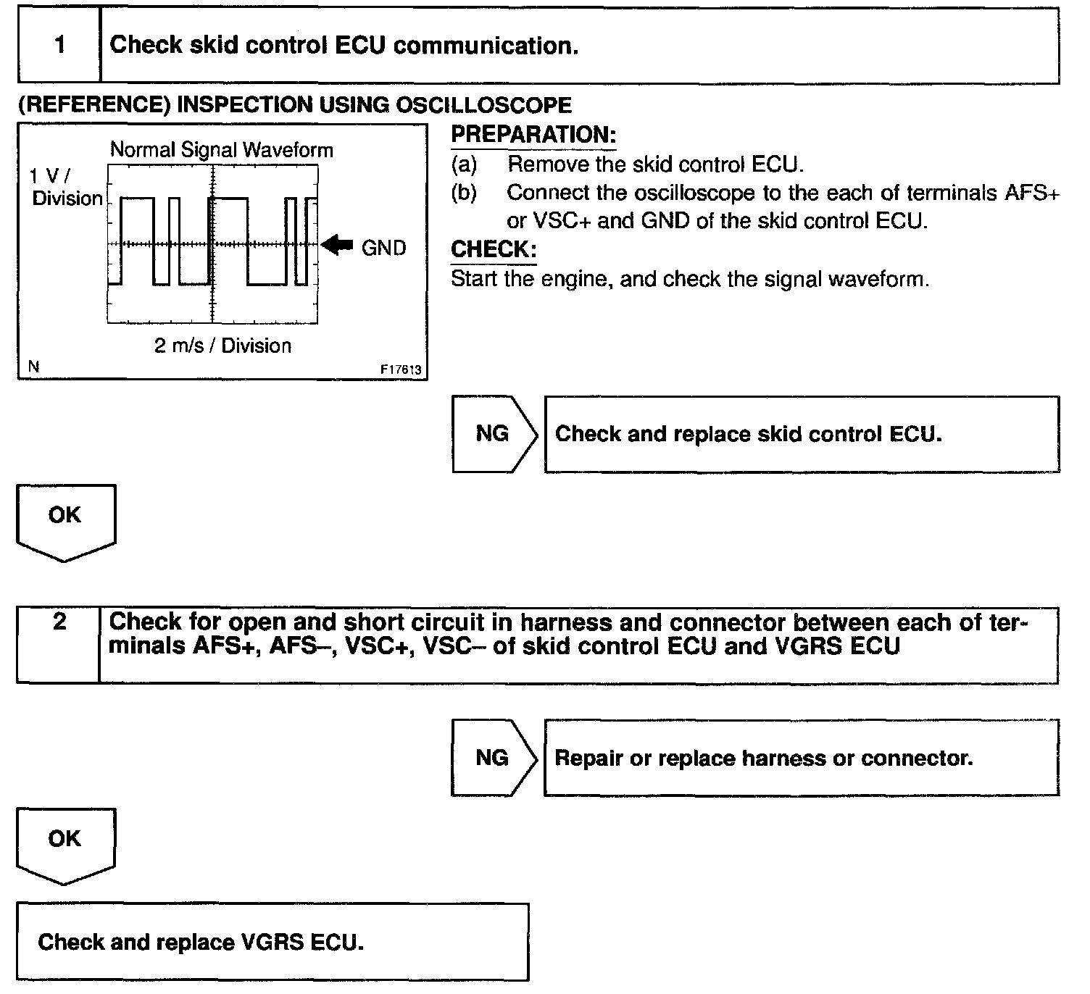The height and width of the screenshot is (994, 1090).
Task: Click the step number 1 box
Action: point(59,45)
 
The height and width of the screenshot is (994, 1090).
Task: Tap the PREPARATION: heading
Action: point(533,135)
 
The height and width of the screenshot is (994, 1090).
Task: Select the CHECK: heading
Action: point(494,250)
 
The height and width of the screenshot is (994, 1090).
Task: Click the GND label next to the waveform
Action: point(383,248)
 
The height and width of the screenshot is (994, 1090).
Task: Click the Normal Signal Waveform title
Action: point(221,150)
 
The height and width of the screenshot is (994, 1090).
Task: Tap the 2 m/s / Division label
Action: point(222,346)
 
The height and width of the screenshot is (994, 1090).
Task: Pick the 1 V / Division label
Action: point(67,187)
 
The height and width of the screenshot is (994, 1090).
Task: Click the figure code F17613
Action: point(401,369)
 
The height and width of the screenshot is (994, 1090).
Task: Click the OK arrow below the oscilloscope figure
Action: point(65,520)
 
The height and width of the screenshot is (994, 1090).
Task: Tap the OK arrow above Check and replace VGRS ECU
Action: point(65,843)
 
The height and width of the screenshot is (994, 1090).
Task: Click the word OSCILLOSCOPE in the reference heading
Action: point(483,105)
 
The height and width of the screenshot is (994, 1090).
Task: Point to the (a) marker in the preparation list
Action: point(464,164)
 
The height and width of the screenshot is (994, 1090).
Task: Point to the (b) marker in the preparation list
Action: point(464,193)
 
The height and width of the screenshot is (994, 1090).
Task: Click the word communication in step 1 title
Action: point(485,46)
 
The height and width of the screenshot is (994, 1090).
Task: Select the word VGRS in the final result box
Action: point(273,942)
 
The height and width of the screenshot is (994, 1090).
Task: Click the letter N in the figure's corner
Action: point(33,367)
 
